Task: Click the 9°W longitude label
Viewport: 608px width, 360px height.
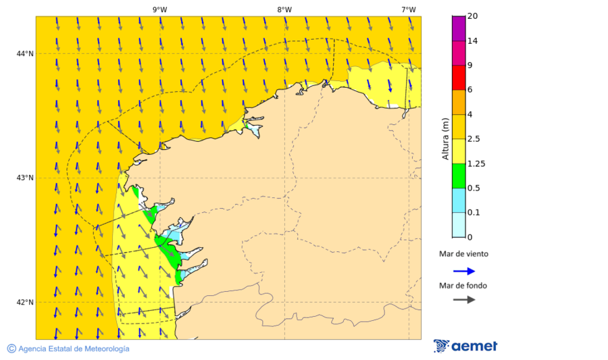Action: pos(159,9)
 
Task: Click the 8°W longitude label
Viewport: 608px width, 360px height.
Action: pos(284,9)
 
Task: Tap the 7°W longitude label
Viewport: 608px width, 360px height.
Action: pos(409,9)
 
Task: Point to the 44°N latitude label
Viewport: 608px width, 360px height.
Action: pos(25,54)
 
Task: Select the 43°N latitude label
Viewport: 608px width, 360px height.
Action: pos(25,178)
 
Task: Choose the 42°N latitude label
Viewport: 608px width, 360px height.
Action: pos(25,303)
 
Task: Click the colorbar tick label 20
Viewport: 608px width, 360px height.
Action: pos(473,16)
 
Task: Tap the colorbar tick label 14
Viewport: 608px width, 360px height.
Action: pos(473,41)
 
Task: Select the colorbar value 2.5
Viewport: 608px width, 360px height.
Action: pos(475,139)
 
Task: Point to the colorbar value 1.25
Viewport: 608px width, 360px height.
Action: pos(477,163)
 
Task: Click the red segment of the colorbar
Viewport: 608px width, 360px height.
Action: pos(459,77)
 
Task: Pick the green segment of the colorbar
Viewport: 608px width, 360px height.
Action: pos(459,176)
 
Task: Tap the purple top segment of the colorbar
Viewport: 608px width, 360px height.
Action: pos(459,28)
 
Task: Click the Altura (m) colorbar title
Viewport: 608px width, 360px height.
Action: pos(445,138)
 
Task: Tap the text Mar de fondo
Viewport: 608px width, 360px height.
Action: pos(463,286)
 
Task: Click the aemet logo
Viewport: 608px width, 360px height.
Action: pos(465,346)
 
